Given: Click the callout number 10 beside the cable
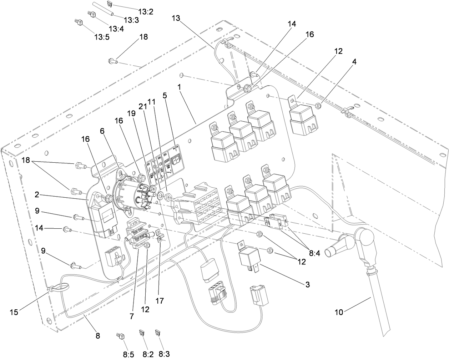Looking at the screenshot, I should (x=339, y=312).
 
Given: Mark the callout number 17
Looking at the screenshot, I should (x=160, y=301).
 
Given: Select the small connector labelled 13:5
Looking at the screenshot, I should (x=78, y=22).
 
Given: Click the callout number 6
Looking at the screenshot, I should (x=102, y=131).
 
